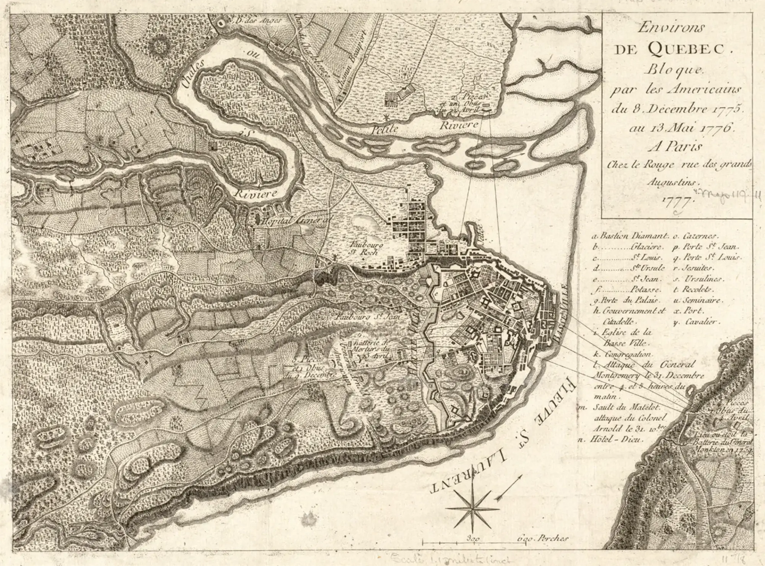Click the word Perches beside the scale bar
[553, 538]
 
